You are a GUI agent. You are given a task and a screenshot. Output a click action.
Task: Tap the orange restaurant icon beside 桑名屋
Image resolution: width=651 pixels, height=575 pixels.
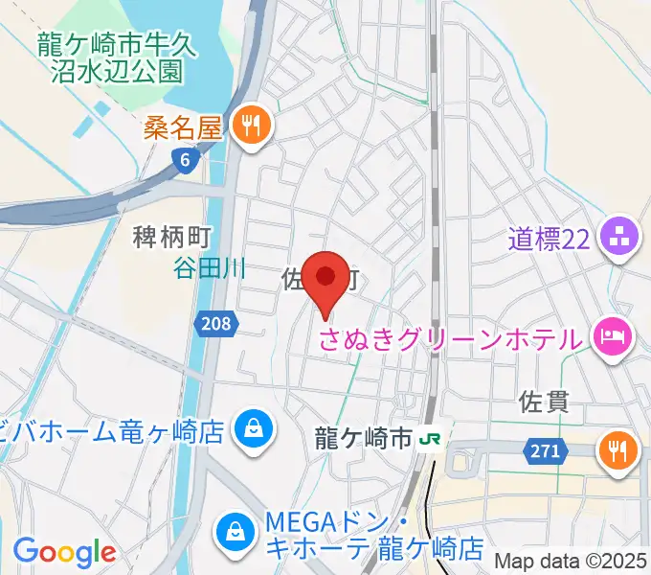(x=252, y=126)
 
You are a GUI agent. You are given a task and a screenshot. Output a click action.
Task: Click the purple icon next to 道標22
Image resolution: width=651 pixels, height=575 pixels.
(x=619, y=238)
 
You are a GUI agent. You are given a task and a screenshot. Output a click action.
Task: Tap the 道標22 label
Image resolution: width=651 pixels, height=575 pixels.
(x=548, y=239)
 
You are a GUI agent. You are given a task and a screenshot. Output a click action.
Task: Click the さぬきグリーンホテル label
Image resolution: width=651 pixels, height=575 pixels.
(x=449, y=338)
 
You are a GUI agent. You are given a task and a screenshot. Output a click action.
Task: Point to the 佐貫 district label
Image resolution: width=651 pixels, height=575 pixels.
(x=544, y=401)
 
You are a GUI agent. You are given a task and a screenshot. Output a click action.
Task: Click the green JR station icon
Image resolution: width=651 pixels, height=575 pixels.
(x=432, y=439)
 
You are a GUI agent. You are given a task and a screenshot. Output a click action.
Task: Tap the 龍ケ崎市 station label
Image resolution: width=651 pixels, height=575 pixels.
(x=364, y=439)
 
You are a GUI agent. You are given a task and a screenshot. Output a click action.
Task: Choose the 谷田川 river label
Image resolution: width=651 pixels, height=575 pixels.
(x=209, y=269)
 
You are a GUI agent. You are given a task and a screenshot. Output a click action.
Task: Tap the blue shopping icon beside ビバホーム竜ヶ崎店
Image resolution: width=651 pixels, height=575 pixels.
(x=254, y=428)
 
